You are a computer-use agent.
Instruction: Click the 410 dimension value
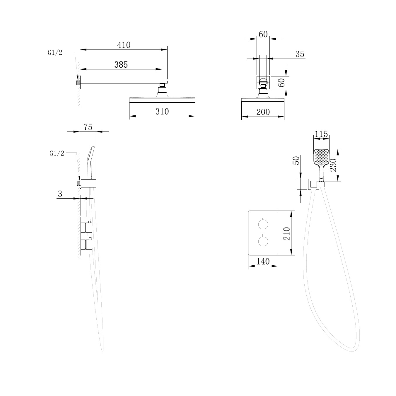pos(124,45)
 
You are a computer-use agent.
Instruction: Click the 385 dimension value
pos(121,65)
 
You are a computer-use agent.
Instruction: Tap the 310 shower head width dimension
pos(162,112)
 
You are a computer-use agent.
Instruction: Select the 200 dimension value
pos(263,112)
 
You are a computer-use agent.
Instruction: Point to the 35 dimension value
pos(300,54)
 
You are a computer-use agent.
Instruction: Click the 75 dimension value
pos(88,127)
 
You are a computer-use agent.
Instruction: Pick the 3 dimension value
pos(60,194)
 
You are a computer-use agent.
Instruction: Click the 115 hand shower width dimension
pos(321,134)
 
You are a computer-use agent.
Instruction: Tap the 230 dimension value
pos(333,165)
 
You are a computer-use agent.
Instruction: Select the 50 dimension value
pos(297,160)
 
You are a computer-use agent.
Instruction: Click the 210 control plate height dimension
pos(287,233)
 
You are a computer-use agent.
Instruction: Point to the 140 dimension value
pos(263,261)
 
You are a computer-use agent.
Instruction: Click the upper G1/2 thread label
pos(55,53)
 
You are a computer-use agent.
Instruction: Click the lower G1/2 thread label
pos(57,153)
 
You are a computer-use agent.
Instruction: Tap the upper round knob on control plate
pos(263,224)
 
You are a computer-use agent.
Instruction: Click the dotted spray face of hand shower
pos(321,157)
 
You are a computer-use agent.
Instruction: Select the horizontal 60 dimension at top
pos(263,34)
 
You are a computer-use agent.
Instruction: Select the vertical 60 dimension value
pos(281,83)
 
